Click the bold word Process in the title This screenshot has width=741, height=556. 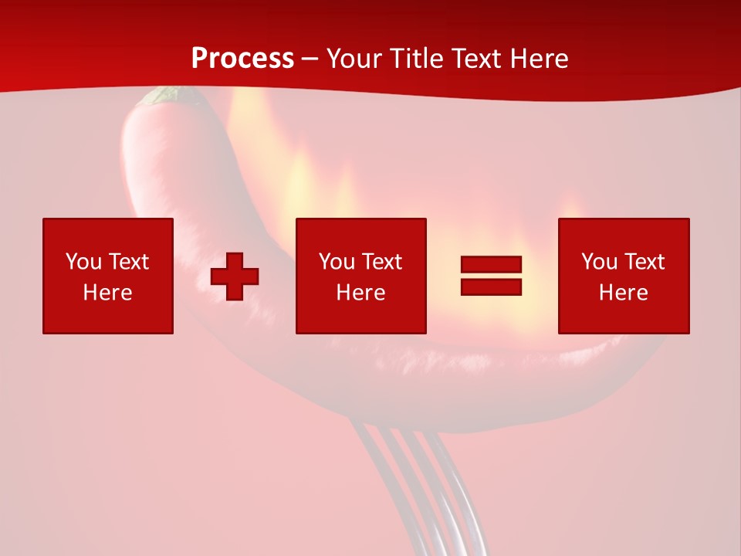(242, 59)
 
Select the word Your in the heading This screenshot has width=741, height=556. (354, 59)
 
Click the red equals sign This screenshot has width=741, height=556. (491, 276)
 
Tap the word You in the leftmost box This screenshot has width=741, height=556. (83, 262)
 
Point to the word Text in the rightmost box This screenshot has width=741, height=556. (644, 262)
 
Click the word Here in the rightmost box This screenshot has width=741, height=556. (623, 293)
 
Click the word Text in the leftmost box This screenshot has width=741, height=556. (128, 262)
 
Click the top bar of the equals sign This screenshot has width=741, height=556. (491, 264)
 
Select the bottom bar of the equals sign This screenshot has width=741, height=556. (491, 287)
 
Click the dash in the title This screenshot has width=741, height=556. (310, 59)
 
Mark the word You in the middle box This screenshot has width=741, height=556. (337, 262)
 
